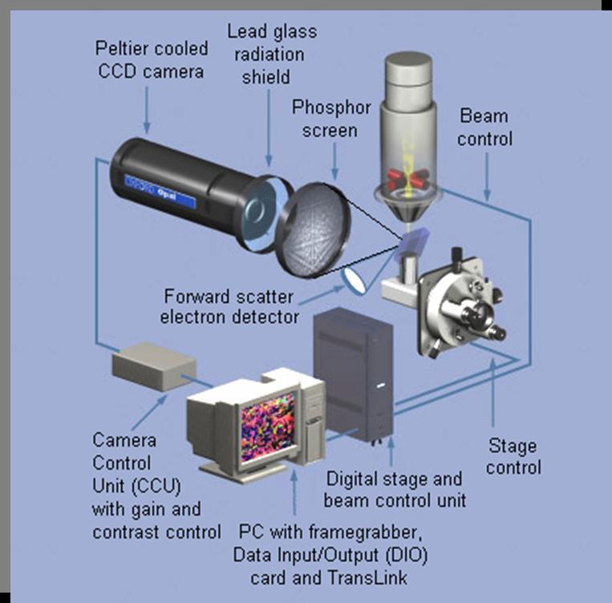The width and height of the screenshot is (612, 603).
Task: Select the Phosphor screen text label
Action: click(324, 118)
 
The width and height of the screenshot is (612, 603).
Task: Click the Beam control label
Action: click(485, 127)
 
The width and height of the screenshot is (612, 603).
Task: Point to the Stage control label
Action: click(514, 456)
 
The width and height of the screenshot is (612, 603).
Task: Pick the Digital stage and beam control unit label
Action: click(394, 490)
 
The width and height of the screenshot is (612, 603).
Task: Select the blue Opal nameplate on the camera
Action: click(160, 190)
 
